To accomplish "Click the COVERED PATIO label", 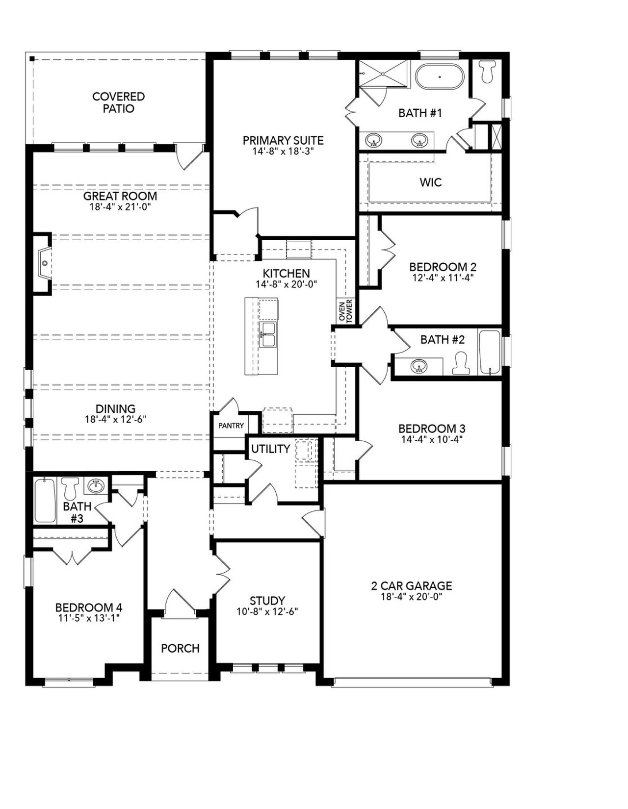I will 118,102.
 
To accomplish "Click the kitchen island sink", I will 268,334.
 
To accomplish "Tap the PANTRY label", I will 231,426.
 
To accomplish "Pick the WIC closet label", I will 430,182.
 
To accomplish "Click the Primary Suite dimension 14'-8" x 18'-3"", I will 283,152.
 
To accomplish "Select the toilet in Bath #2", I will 460,364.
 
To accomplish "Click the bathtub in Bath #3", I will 45,500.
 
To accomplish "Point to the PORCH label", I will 180,648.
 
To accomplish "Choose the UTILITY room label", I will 270,449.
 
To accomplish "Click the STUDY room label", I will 267,601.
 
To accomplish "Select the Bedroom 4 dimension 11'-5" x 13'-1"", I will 88,618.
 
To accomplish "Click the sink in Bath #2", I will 419,366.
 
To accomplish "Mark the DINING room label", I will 115,408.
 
